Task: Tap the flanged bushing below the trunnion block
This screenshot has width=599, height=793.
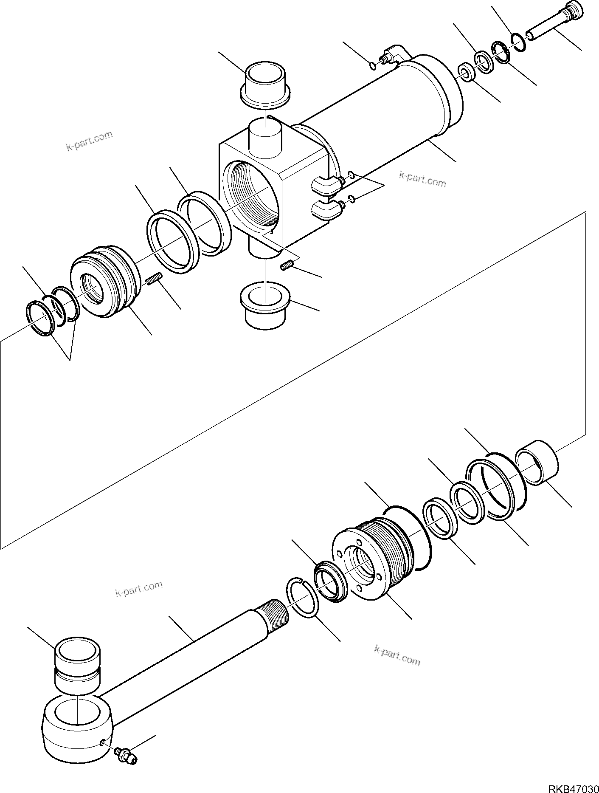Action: coord(265,306)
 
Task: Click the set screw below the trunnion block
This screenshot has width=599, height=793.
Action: coord(287,266)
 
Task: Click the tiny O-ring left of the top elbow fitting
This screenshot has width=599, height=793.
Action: coord(373,65)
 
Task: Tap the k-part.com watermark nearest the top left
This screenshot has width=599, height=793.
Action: coord(90,141)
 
